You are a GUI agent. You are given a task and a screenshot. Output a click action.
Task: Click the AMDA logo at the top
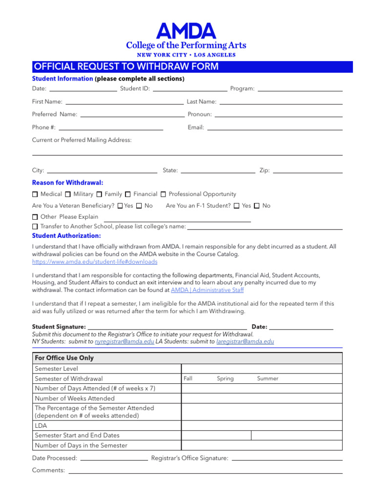tap(186, 32)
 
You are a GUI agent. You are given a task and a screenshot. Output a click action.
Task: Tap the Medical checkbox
tap(35, 194)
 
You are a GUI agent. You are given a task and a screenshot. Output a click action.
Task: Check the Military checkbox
tap(68, 194)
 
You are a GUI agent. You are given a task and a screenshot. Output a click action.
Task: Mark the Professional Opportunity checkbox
tap(164, 194)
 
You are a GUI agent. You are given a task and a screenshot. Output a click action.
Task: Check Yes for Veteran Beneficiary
tap(120, 206)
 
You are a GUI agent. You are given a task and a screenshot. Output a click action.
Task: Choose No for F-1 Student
tap(257, 206)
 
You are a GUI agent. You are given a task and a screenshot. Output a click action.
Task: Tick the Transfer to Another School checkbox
tap(35, 227)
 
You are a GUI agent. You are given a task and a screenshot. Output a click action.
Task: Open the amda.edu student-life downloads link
tap(95, 262)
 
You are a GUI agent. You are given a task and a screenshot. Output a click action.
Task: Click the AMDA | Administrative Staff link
tap(207, 290)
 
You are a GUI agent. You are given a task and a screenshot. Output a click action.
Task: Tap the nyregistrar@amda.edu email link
tap(124, 342)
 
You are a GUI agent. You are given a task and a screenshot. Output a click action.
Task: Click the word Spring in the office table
tap(225, 378)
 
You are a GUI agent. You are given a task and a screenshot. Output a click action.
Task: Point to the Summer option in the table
tap(268, 378)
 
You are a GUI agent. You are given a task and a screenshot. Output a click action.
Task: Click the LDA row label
tap(41, 426)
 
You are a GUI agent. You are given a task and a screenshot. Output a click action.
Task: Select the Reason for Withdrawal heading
tap(67, 183)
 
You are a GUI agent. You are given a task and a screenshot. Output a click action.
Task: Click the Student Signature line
tap(167, 326)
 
